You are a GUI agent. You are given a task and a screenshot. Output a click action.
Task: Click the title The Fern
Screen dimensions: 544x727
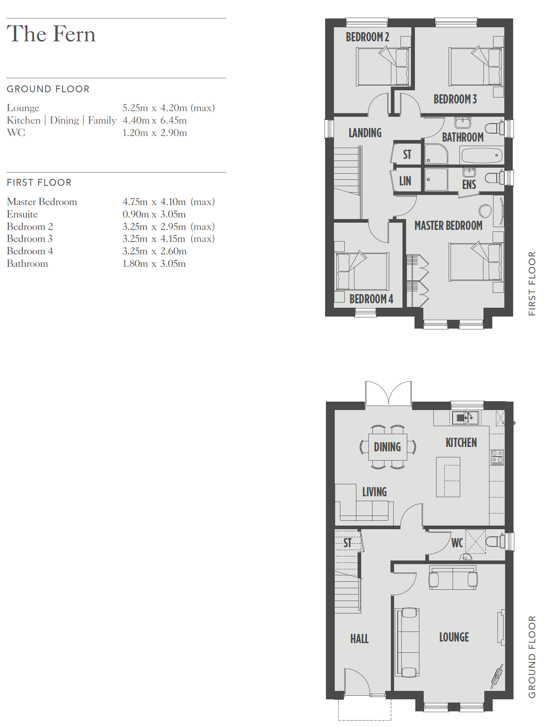point(51,34)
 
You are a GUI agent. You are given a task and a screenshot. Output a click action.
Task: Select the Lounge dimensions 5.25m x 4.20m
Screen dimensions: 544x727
point(155,108)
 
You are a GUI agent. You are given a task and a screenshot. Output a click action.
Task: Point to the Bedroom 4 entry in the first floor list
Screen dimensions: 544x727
point(30,251)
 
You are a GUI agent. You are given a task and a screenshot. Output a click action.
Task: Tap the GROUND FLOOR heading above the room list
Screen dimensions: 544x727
point(48,89)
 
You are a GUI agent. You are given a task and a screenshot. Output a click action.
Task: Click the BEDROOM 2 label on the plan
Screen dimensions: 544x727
point(367,37)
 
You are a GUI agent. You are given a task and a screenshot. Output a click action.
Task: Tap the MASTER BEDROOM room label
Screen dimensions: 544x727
point(448,225)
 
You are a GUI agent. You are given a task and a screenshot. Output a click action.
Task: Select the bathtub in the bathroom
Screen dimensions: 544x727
point(482,155)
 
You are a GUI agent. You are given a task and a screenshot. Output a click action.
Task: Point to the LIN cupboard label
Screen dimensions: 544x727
point(405,181)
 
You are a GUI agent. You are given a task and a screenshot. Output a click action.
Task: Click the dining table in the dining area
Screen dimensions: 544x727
point(388,447)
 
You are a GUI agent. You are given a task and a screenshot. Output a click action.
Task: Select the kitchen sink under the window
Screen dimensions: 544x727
point(465,418)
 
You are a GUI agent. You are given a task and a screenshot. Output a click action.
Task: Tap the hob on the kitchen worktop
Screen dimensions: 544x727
point(497,457)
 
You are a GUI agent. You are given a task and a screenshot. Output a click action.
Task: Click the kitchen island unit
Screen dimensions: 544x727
point(448,477)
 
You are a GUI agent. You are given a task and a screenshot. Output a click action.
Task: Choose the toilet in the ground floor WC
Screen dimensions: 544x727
point(495,541)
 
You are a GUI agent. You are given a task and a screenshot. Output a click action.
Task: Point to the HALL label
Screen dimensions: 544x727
point(359,639)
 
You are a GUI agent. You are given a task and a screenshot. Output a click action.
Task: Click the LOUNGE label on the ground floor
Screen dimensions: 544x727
point(454,637)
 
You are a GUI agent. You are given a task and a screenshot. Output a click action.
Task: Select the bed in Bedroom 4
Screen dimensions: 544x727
point(362,272)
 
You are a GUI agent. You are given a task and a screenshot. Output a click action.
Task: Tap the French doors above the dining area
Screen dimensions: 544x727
point(388,394)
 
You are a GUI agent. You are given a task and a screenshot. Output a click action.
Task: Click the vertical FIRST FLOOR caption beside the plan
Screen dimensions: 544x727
point(532,284)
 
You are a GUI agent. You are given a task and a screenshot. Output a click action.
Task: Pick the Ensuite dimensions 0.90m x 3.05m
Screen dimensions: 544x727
point(154,214)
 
